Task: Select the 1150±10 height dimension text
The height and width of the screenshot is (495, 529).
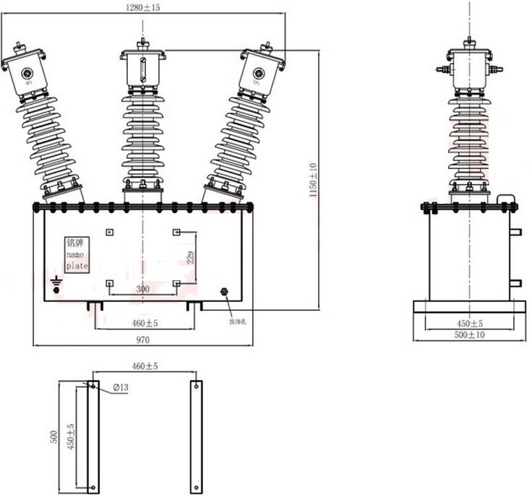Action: point(313,181)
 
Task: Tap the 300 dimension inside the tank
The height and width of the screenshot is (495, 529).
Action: point(143,288)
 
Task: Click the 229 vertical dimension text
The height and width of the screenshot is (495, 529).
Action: point(191,258)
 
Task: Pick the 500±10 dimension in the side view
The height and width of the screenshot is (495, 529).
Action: point(469,335)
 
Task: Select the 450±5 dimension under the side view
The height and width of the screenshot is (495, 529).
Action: point(469,323)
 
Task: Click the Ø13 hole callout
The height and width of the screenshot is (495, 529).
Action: point(120,389)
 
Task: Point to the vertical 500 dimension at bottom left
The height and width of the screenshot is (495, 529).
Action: point(53,436)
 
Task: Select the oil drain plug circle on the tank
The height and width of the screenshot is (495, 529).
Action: point(223,293)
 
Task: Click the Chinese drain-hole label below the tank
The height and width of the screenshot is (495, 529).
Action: point(238,321)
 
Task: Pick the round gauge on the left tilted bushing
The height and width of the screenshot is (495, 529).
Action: point(28,73)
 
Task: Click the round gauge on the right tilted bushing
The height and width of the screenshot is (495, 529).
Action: point(257,73)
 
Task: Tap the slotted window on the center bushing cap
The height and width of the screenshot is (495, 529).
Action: point(143,71)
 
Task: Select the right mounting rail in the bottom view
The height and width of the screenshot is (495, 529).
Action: point(196,436)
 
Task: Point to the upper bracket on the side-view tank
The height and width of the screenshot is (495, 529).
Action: point(515,232)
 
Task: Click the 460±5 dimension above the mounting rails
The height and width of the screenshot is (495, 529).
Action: point(143,367)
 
